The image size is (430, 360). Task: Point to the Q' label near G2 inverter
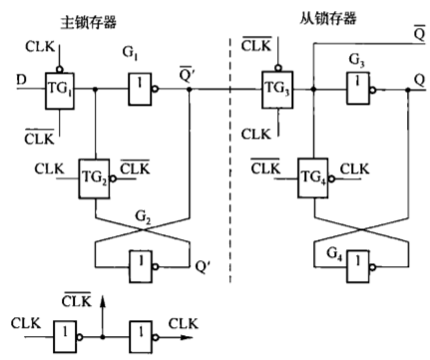[206, 267]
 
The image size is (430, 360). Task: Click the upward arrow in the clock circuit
[102, 301]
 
